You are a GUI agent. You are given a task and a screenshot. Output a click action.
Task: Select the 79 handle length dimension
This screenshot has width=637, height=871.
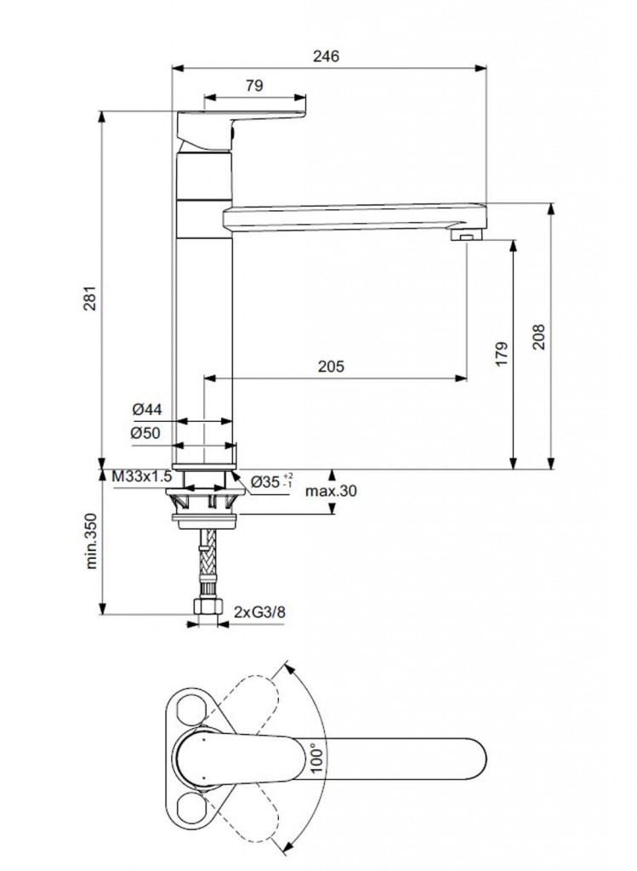click(253, 85)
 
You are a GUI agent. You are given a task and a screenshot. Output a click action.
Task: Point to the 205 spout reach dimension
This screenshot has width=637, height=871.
click(330, 367)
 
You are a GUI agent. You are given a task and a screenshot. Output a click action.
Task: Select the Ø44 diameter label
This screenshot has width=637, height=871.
click(146, 410)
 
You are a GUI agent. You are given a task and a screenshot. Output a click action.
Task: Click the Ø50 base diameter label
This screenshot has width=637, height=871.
click(146, 433)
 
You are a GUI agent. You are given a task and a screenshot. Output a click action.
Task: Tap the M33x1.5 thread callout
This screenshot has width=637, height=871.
click(142, 477)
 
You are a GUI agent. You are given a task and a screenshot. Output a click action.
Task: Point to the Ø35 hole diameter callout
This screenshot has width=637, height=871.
click(273, 481)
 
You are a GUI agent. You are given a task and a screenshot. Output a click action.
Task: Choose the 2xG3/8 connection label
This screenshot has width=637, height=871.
click(260, 612)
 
